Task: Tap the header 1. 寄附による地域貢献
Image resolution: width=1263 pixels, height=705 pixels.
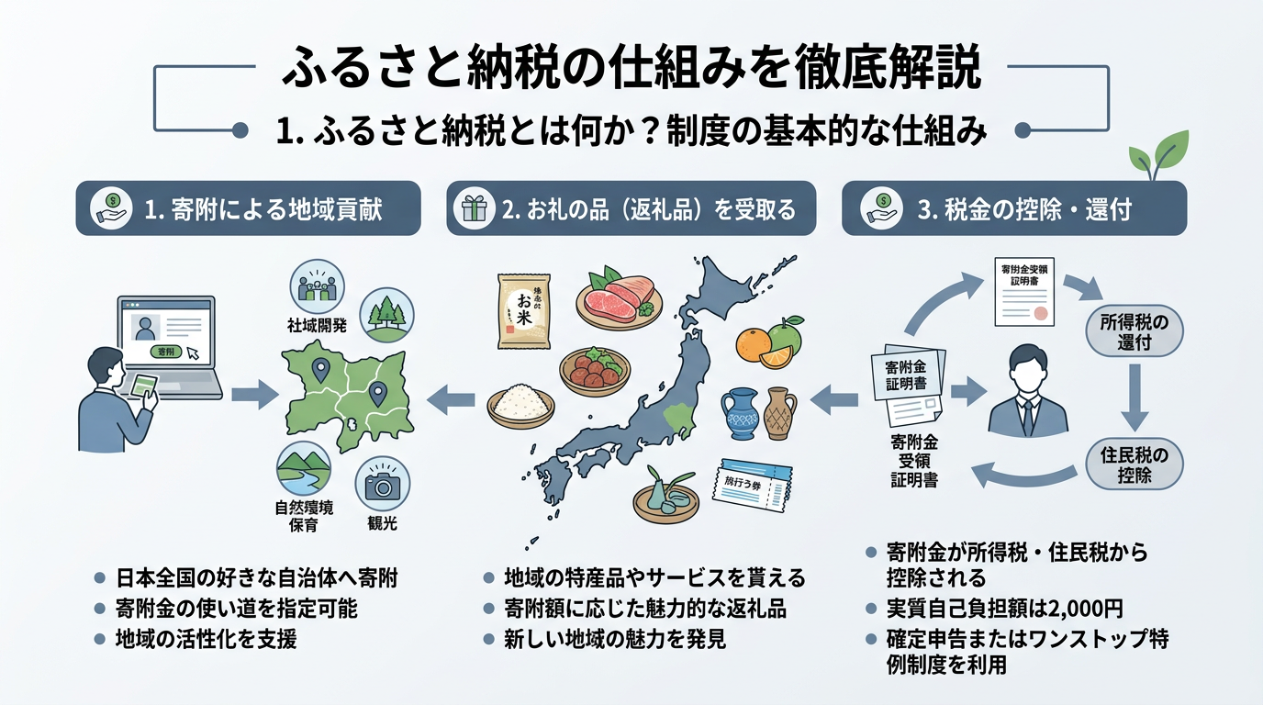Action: [x=248, y=208]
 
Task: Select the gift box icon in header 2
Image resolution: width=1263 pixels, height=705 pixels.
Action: [x=475, y=209]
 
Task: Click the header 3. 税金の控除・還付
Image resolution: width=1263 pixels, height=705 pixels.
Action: [x=1013, y=208]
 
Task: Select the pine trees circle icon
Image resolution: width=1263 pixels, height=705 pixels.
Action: [x=385, y=313]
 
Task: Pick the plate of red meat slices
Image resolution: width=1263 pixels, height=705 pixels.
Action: [x=620, y=297]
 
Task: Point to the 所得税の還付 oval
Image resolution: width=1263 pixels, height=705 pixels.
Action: [x=1134, y=333]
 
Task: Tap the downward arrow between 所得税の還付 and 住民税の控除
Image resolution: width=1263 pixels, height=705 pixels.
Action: [x=1134, y=397]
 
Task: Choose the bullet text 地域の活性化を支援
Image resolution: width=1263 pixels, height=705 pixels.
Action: [x=206, y=639]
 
